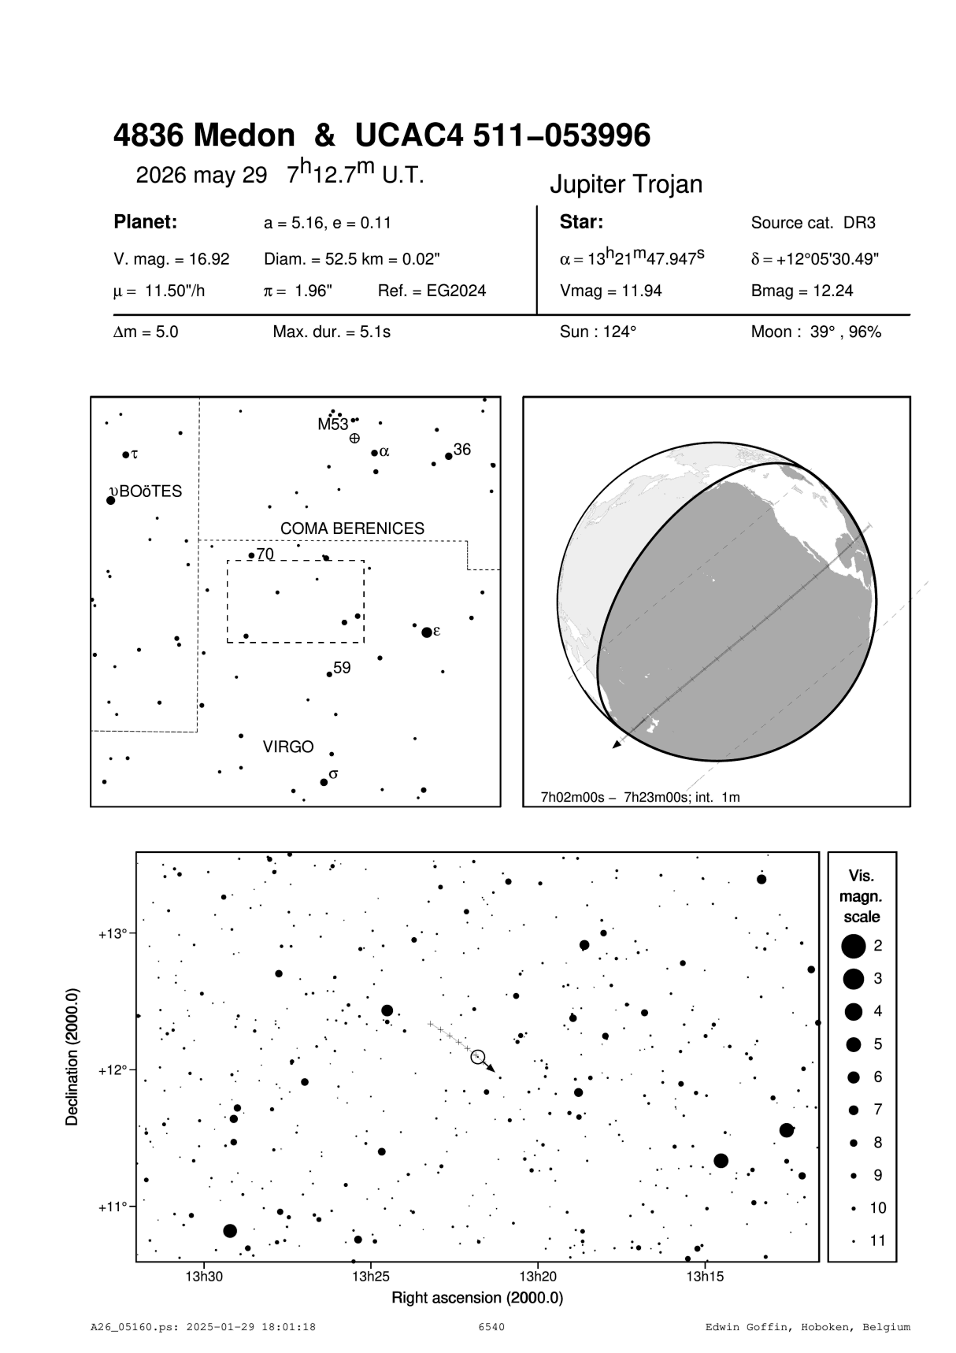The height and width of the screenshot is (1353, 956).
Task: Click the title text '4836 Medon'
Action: [203, 136]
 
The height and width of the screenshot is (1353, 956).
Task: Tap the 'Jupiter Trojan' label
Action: [625, 184]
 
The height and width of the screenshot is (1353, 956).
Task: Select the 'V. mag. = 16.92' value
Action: [172, 259]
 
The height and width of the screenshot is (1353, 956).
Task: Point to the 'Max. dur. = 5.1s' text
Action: [332, 332]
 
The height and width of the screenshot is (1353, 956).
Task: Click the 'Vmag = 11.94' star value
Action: [611, 291]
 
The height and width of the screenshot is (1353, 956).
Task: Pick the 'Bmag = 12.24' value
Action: [802, 291]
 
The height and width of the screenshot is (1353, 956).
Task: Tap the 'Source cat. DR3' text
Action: [813, 223]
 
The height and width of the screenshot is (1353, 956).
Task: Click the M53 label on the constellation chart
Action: [332, 424]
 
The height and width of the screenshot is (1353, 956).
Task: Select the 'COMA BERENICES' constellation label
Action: [352, 528]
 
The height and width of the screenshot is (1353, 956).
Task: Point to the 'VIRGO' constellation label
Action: [288, 747]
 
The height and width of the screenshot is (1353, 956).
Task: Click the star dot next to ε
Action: [427, 632]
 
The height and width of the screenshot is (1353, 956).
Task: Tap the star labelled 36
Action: [449, 456]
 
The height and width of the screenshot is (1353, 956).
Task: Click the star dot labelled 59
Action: [329, 674]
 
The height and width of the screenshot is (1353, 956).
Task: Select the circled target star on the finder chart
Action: [477, 1057]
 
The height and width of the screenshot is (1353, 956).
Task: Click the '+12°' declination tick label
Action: [111, 1070]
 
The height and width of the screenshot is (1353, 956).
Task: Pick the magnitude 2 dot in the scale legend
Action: [853, 946]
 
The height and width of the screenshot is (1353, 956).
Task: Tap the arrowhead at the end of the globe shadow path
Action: [617, 744]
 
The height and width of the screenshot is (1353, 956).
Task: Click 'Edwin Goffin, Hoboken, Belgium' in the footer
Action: [807, 1327]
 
